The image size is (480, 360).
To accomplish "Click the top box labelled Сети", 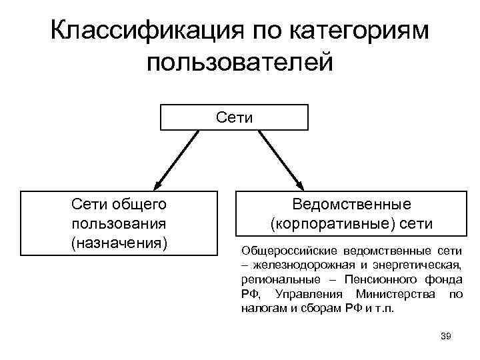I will (x=234, y=117).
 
